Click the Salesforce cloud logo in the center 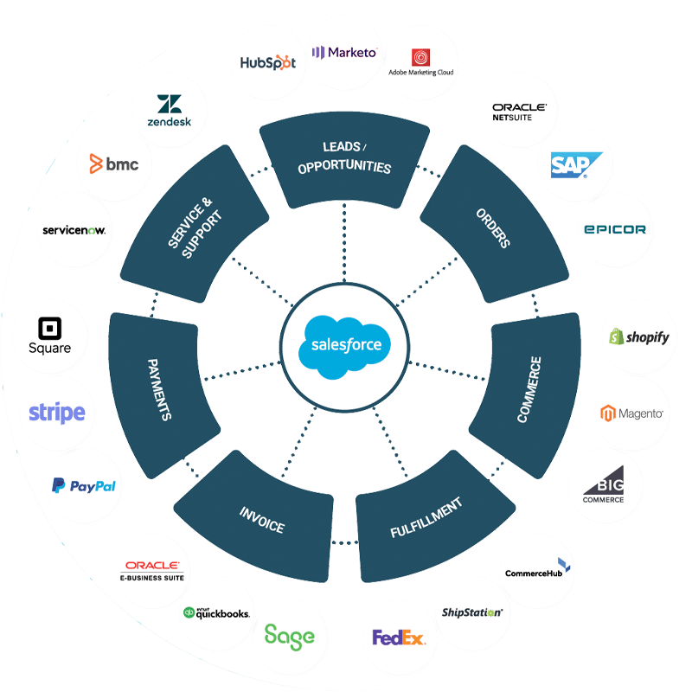click(x=345, y=345)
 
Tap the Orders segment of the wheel click(x=492, y=227)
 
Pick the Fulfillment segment click(x=426, y=517)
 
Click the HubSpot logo click(x=268, y=62)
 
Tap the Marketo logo click(x=344, y=53)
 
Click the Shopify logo click(x=639, y=336)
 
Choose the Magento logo click(x=632, y=413)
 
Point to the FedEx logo click(x=399, y=638)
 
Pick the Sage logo click(x=290, y=637)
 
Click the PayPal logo click(x=84, y=486)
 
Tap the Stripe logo click(x=57, y=413)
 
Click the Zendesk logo click(x=169, y=111)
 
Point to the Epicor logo click(x=614, y=230)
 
